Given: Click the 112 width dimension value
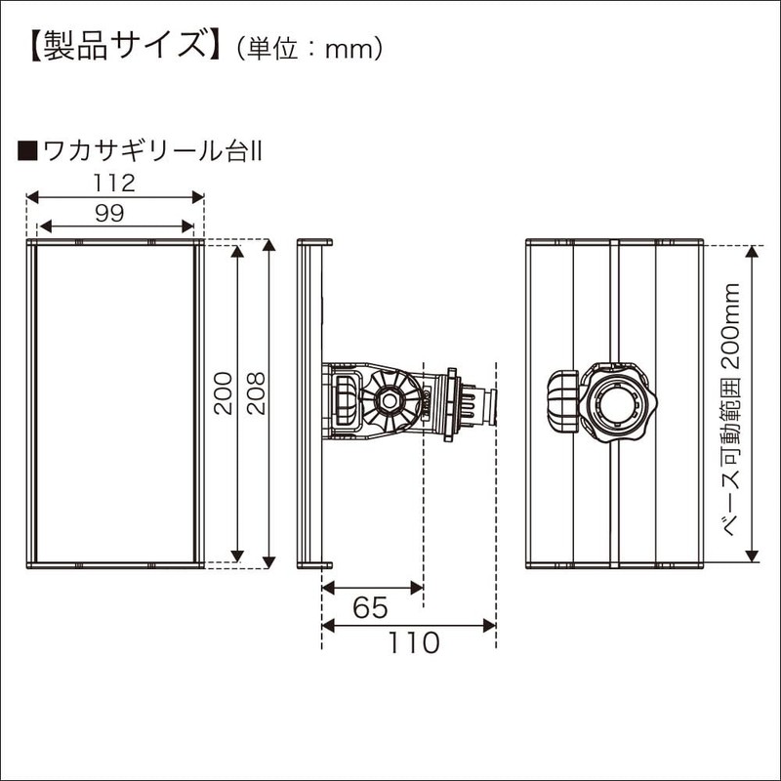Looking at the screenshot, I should [x=114, y=182].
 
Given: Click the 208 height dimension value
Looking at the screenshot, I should [x=256, y=392].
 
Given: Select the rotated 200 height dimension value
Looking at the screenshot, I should [x=224, y=392].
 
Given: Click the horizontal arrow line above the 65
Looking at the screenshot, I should [x=372, y=588].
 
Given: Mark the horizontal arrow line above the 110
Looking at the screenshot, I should [x=409, y=626].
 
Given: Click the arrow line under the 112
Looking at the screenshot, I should [x=114, y=196].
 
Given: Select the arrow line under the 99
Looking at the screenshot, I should [x=115, y=227].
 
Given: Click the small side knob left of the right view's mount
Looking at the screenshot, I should [x=563, y=400].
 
